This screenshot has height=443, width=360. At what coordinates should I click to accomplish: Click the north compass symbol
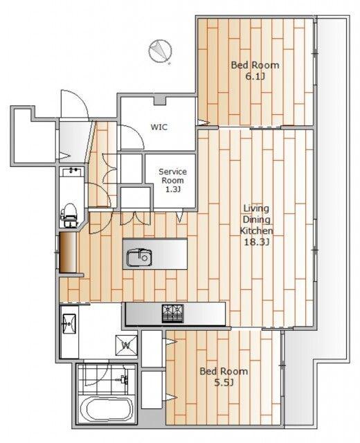(x=160, y=51)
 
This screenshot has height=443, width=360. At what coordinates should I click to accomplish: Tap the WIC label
(x=159, y=127)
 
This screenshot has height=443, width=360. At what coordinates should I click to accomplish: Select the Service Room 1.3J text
(x=172, y=180)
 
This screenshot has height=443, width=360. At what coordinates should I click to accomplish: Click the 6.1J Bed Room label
(x=255, y=71)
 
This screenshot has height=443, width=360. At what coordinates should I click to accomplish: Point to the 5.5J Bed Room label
(x=224, y=377)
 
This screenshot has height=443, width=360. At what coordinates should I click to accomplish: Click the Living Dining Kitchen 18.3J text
(x=256, y=225)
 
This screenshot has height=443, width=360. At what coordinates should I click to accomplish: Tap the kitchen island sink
(x=139, y=257)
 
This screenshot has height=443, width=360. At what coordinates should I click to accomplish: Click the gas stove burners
(x=172, y=314)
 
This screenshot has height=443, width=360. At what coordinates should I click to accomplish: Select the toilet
(x=69, y=215)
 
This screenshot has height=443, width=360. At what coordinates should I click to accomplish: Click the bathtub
(x=106, y=409)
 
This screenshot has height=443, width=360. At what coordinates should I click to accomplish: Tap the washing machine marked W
(x=126, y=345)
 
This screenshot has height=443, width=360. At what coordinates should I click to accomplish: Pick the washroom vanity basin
(x=69, y=323)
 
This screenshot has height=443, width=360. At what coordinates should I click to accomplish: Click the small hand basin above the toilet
(x=72, y=171)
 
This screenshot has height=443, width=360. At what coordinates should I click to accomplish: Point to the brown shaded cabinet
(x=68, y=252)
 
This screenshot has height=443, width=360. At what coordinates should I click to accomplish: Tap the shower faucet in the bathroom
(x=123, y=379)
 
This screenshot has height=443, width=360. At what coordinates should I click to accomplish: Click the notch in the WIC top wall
(x=160, y=101)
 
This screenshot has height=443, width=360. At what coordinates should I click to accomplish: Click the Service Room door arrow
(x=180, y=217)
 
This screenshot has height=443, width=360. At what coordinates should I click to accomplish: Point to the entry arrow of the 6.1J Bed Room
(x=203, y=123)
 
